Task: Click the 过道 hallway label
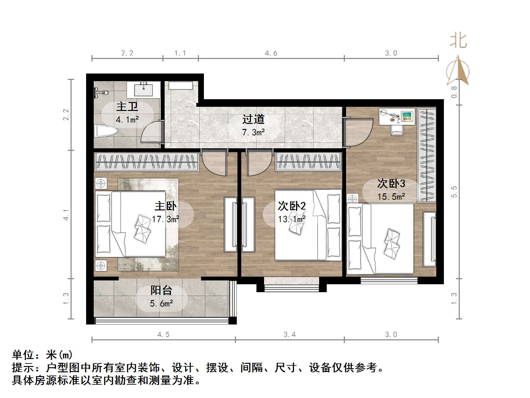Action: (253, 119)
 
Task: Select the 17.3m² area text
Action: (166, 219)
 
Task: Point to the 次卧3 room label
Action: (391, 183)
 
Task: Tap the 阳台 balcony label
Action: (161, 290)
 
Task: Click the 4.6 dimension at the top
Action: (271, 53)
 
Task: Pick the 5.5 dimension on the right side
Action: (454, 192)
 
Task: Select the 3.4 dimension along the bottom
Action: (290, 335)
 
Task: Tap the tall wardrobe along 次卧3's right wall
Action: (426, 155)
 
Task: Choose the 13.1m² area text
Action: (292, 219)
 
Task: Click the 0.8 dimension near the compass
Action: (454, 92)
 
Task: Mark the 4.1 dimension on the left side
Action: (66, 215)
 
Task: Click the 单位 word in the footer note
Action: (23, 355)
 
